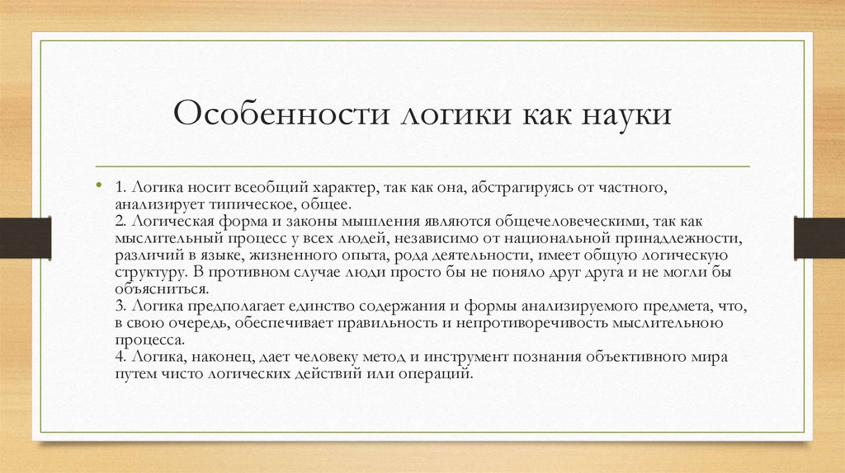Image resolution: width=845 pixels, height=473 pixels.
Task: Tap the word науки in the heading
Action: click(625, 114)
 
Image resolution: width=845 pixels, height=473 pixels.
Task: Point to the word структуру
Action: click(153, 272)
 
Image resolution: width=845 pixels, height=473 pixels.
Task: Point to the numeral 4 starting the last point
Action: click(120, 357)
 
